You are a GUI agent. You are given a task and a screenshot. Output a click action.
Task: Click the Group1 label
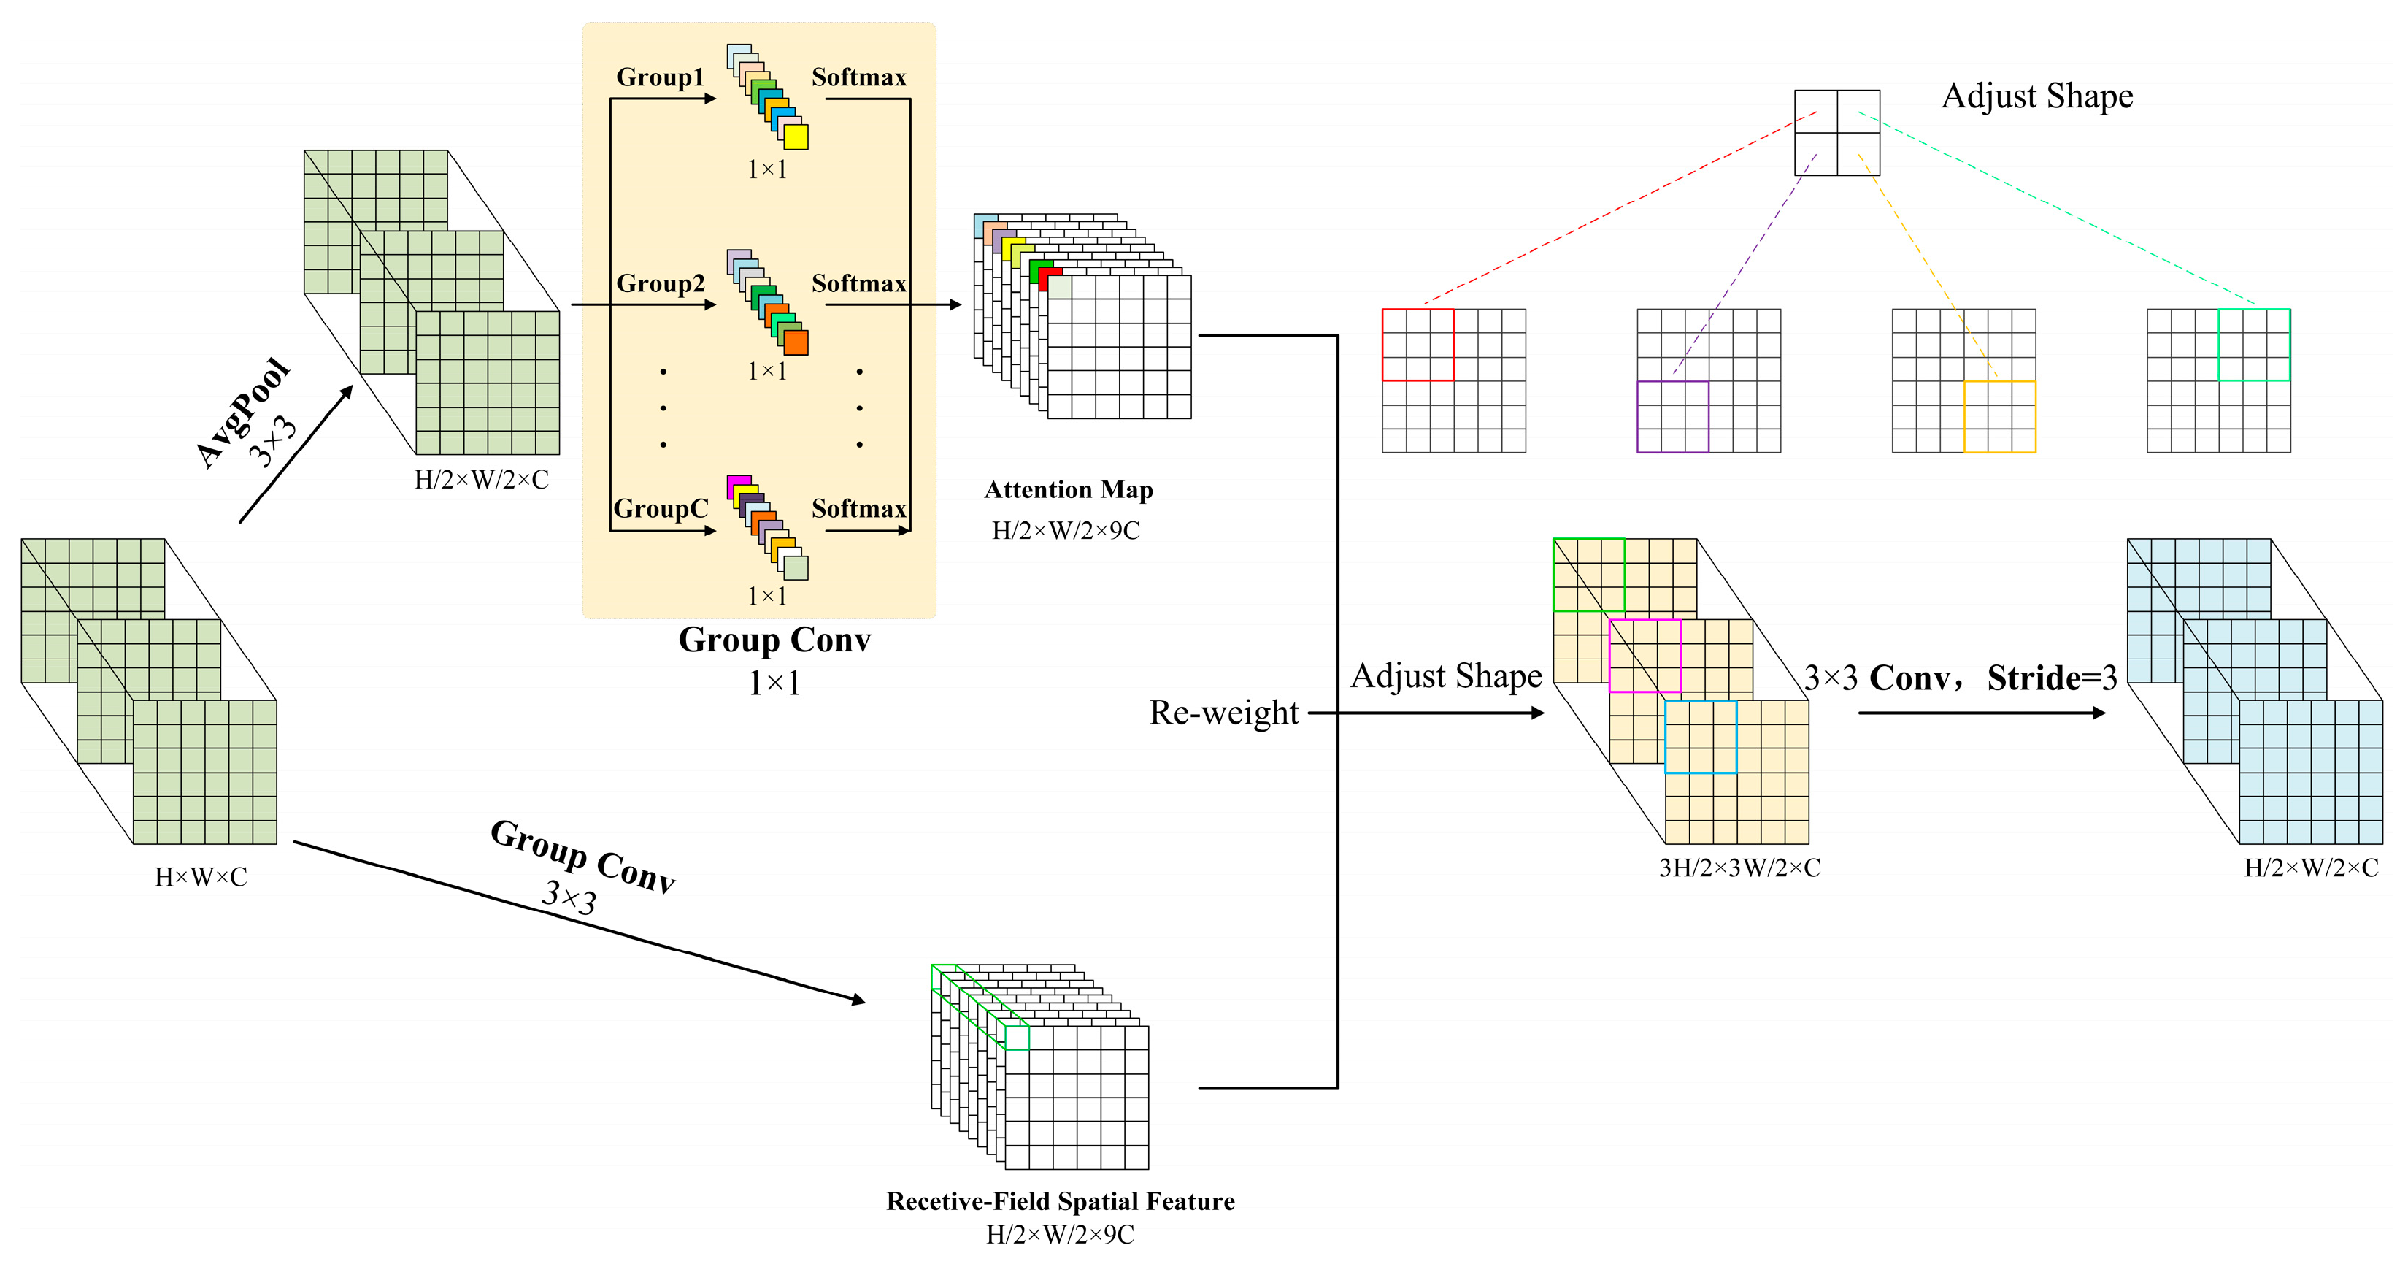pyautogui.click(x=660, y=77)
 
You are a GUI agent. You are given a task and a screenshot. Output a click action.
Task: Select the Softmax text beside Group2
pyautogui.click(x=858, y=283)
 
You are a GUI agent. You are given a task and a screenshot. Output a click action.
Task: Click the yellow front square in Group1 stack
pyautogui.click(x=796, y=137)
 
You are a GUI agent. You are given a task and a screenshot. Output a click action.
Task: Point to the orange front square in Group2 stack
pyautogui.click(x=796, y=342)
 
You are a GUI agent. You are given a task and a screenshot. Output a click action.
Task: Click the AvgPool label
pyautogui.click(x=242, y=411)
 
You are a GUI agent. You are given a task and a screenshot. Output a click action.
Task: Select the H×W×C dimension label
pyautogui.click(x=201, y=877)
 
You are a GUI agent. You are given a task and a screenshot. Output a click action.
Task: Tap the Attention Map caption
pyautogui.click(x=1069, y=490)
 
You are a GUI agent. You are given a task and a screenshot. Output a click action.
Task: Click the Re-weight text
pyautogui.click(x=1223, y=713)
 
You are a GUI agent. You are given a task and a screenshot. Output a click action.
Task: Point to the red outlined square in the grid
pyautogui.click(x=1417, y=344)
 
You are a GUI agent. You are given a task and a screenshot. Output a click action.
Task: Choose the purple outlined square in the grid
pyautogui.click(x=1672, y=417)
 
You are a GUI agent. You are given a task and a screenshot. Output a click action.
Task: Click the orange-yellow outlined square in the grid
pyautogui.click(x=1999, y=417)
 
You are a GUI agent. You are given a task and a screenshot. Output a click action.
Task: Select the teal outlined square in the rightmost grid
pyautogui.click(x=2254, y=344)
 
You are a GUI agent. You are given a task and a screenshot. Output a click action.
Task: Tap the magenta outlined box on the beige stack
pyautogui.click(x=1645, y=656)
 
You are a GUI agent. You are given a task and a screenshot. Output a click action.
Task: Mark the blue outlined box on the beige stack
pyautogui.click(x=1701, y=738)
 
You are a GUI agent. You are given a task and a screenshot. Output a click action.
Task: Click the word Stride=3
pyautogui.click(x=2051, y=678)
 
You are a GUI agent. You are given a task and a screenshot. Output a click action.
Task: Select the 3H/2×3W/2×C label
pyautogui.click(x=1739, y=867)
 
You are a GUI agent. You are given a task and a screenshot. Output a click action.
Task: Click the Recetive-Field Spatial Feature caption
pyautogui.click(x=1060, y=1201)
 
